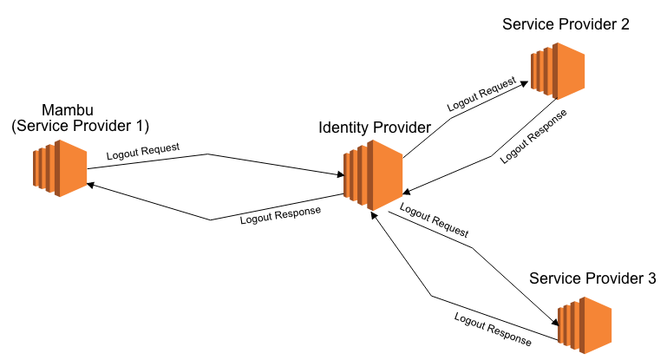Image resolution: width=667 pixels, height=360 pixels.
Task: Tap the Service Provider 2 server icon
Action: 557,69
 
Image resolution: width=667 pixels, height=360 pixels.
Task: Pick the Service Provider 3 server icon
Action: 585,325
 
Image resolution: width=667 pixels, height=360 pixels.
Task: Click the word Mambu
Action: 67,110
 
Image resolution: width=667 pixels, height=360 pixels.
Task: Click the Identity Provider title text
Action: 375,128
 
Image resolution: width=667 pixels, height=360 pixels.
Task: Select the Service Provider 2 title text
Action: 566,23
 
